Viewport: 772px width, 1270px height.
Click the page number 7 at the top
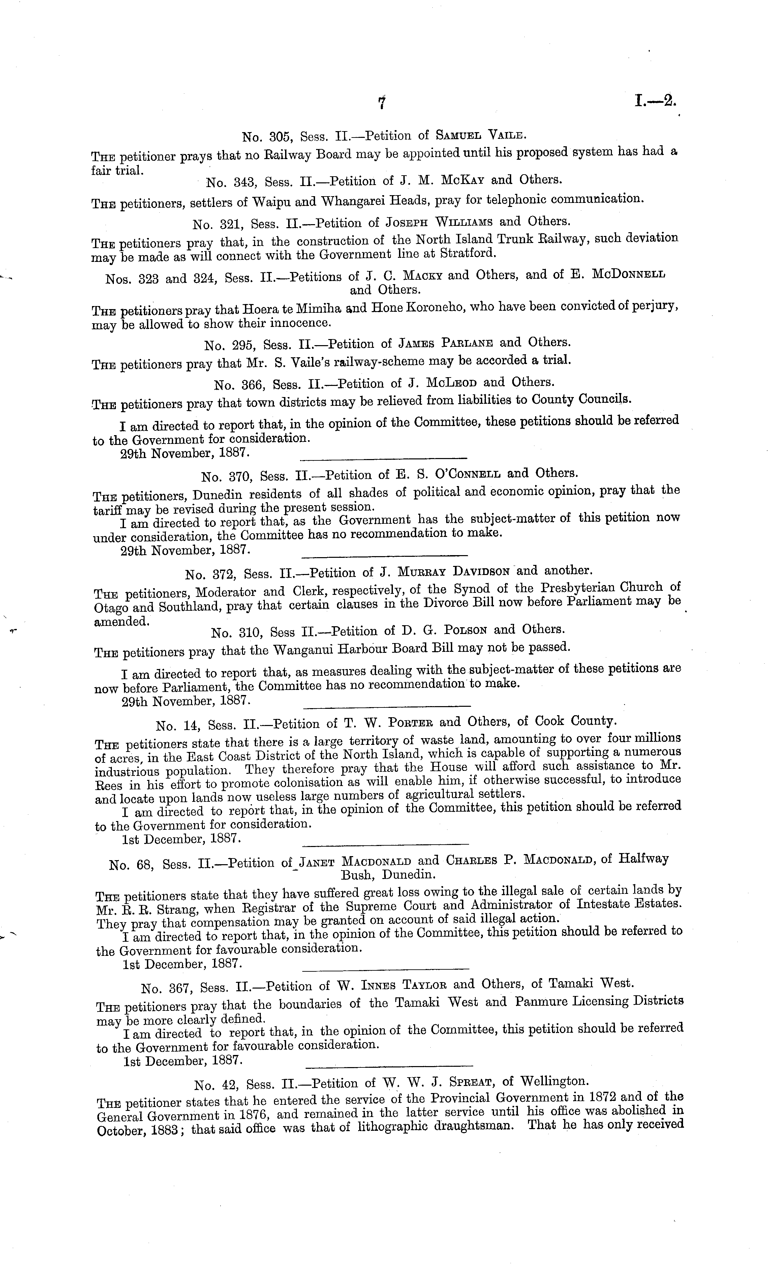382,103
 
